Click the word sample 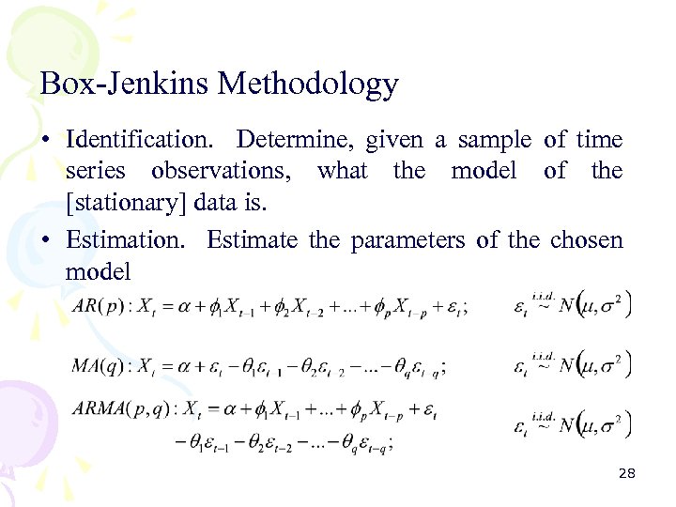(x=496, y=140)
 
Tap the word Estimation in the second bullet (x=127, y=240)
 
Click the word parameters (x=407, y=240)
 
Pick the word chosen (x=586, y=240)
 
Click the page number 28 (x=627, y=474)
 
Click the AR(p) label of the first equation (x=101, y=308)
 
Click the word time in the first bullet (x=599, y=140)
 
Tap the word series (x=95, y=171)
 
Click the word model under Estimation (x=99, y=271)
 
